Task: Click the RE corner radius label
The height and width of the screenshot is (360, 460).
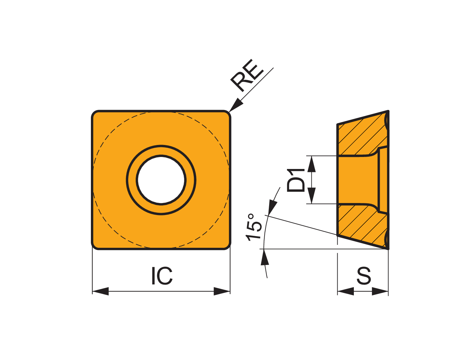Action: [x=247, y=75]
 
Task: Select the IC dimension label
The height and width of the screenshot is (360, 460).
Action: [x=162, y=275]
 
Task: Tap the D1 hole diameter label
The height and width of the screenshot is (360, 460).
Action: [x=295, y=180]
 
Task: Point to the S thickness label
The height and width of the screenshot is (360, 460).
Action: [x=364, y=275]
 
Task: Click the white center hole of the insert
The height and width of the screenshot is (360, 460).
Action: [x=161, y=180]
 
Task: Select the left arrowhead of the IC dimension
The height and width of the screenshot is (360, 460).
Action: [x=100, y=291]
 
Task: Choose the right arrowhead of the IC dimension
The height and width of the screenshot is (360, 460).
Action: [x=222, y=291]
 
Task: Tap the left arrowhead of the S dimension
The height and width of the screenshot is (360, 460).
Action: [x=345, y=291]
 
